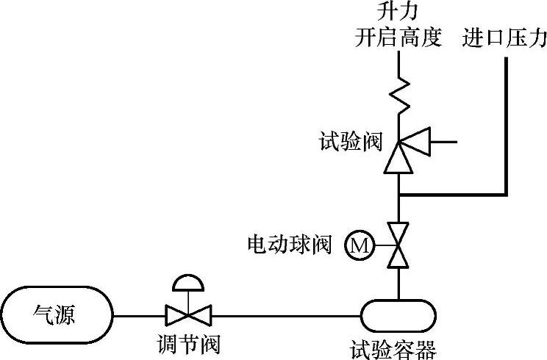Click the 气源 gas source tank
(x=57, y=317)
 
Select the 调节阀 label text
(x=189, y=344)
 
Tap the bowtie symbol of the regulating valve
(x=189, y=317)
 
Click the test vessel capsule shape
(x=398, y=317)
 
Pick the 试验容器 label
(x=395, y=345)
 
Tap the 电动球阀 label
(x=290, y=244)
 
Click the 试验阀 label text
(x=351, y=140)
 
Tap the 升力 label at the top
(x=398, y=12)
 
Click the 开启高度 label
(x=398, y=38)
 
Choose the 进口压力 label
(x=504, y=38)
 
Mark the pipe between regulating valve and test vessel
(x=287, y=317)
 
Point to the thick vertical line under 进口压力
(x=506, y=125)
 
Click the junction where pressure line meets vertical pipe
(x=398, y=195)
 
